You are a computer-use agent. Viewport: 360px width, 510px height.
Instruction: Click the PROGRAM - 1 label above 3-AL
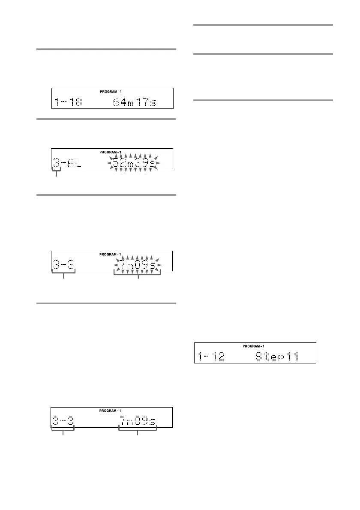[x=112, y=152]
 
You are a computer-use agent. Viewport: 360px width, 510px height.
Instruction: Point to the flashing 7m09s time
[x=137, y=265]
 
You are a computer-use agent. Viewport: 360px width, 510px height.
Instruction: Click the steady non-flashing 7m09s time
[x=137, y=421]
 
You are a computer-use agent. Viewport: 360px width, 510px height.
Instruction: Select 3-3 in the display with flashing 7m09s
[x=63, y=265]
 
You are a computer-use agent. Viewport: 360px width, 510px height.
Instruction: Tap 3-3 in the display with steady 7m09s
[x=63, y=421]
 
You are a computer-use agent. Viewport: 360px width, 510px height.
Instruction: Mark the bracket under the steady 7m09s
[x=138, y=431]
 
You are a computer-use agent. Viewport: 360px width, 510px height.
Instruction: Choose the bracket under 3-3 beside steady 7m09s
[x=63, y=431]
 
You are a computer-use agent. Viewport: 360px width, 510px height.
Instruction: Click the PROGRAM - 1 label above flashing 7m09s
[x=112, y=254]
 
